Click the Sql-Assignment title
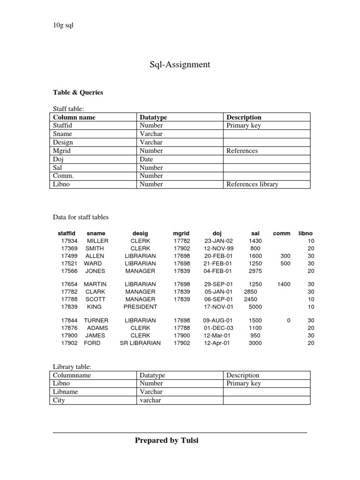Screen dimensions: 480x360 click(180, 65)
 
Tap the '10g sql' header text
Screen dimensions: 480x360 click(63, 25)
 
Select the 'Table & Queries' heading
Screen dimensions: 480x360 click(77, 92)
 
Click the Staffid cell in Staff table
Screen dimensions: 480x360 click(63, 126)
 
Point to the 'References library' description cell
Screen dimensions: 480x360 click(252, 184)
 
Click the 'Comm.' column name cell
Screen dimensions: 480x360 click(63, 176)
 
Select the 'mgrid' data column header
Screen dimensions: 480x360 click(181, 233)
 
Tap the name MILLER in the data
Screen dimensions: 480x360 click(97, 240)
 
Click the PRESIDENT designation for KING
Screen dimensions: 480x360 click(140, 307)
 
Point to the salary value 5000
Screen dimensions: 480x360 click(255, 307)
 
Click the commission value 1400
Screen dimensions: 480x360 click(284, 284)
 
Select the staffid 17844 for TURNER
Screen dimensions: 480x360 click(69, 320)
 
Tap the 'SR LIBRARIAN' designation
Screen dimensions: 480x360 click(140, 343)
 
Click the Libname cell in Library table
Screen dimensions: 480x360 click(66, 392)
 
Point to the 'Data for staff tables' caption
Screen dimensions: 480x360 click(80, 217)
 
